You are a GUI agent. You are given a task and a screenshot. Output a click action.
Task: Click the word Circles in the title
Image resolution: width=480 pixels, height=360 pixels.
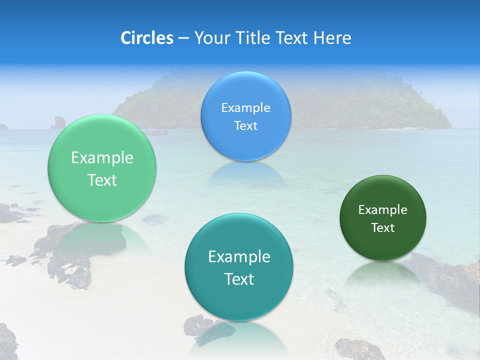click(146, 37)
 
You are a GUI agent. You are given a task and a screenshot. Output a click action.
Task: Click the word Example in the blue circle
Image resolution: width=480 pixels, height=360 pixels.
click(245, 107)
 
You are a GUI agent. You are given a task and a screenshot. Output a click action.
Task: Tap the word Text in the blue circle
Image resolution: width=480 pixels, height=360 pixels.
click(245, 125)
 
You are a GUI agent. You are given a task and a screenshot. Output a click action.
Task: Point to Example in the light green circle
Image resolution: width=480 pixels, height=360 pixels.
click(102, 157)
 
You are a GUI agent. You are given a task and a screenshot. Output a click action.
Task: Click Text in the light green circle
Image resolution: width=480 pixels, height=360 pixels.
click(102, 180)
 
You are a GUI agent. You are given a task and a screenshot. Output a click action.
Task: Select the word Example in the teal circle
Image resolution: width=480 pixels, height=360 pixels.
click(239, 256)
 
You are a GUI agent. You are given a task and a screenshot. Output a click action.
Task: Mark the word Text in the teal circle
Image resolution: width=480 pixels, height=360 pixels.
click(239, 279)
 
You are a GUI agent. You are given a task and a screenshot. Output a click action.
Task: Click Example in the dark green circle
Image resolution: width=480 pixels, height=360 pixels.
click(383, 209)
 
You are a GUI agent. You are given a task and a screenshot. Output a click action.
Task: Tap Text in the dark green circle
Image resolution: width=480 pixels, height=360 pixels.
click(383, 227)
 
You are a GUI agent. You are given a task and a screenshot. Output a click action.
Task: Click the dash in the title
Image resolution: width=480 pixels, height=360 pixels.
click(183, 37)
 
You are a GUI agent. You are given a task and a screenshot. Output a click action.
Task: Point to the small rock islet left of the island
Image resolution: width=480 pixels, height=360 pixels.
click(59, 122)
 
